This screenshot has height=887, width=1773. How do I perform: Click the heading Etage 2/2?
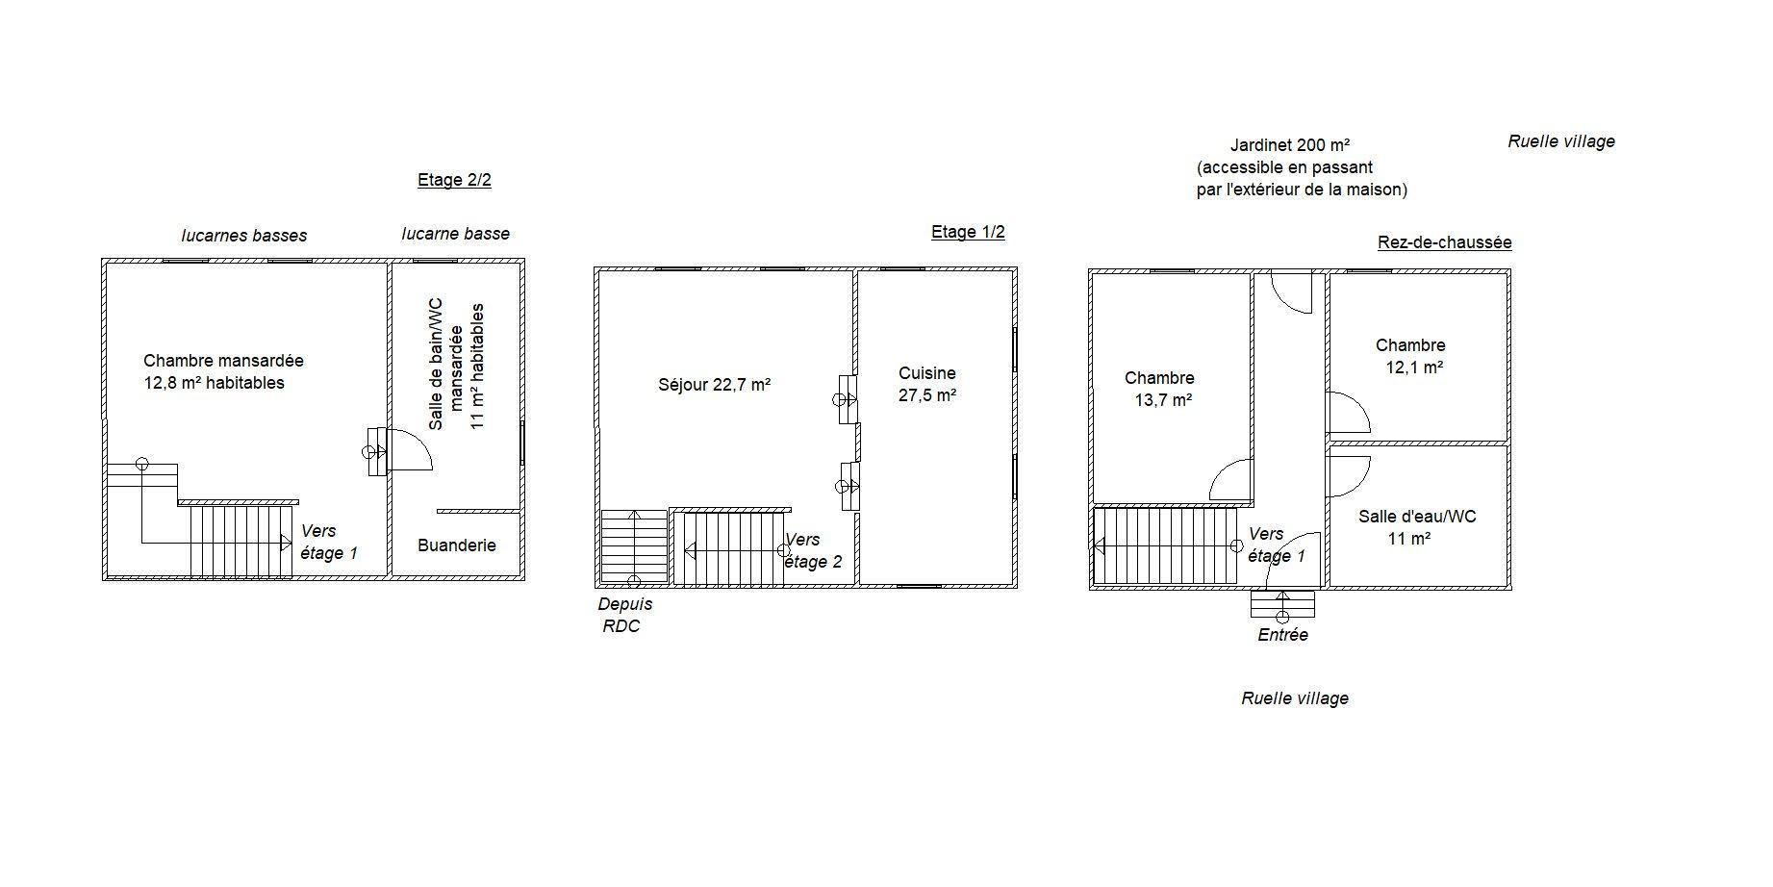pos(454,180)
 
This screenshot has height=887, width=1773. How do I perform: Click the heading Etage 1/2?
pos(968,232)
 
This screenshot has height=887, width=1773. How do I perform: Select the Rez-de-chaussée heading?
pos(1444,242)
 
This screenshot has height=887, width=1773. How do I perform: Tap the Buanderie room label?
pos(457,545)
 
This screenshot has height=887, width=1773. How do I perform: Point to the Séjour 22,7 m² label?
pos(715,385)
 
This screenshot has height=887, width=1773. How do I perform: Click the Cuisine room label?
pos(927,373)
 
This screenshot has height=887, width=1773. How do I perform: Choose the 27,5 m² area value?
pos(927,395)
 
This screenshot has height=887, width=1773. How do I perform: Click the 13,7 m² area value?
pos(1163,400)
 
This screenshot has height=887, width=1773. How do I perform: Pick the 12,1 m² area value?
pos(1414,367)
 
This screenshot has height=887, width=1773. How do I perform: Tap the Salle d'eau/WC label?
pos(1417,517)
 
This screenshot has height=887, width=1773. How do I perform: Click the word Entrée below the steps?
pos(1283,635)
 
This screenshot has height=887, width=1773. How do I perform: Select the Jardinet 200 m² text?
pos(1290,146)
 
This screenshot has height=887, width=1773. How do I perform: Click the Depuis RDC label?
pos(624,616)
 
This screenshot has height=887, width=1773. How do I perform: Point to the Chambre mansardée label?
pos(223,361)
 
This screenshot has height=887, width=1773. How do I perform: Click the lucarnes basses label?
pos(244,236)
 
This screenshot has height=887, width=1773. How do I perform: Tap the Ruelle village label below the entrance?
pos(1295,698)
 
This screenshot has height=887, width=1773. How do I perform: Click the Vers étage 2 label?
pos(813,551)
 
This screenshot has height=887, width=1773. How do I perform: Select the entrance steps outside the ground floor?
pos(1282,604)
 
